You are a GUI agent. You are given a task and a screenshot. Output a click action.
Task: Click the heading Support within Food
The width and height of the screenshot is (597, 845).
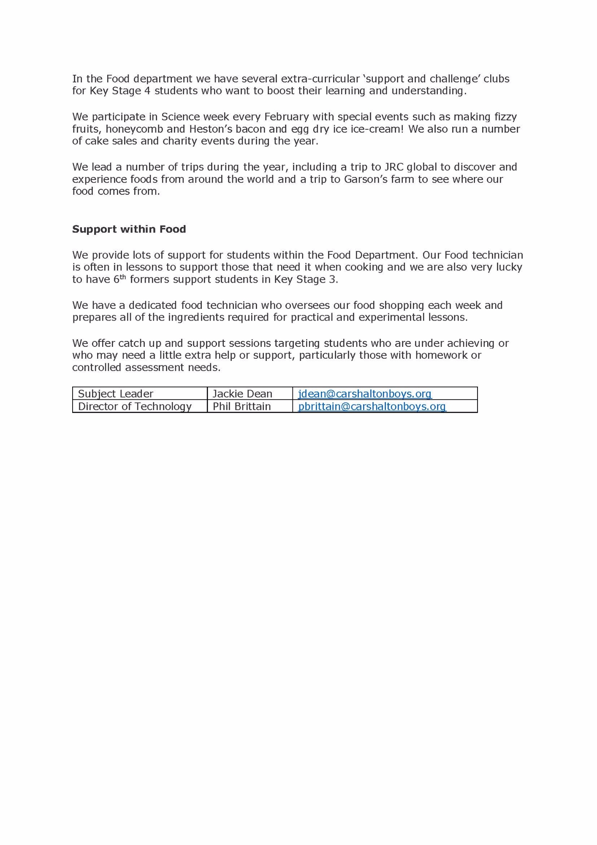[x=129, y=229]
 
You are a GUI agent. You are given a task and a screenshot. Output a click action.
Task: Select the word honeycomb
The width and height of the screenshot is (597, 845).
[x=134, y=129]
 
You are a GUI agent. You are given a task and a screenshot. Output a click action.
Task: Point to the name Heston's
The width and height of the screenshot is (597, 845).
[x=211, y=129]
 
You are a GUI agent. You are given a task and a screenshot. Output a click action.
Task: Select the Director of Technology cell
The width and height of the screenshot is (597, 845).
[x=135, y=406]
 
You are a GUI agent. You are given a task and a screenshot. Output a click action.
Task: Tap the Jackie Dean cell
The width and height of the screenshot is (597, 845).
[x=242, y=394]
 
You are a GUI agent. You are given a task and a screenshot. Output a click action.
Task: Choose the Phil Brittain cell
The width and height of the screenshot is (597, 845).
[x=242, y=406]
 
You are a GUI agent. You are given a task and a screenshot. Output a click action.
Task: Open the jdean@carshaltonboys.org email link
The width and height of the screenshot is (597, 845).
[x=364, y=394]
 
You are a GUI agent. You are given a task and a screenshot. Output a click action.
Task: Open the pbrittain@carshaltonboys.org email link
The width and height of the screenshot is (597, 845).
[x=372, y=406]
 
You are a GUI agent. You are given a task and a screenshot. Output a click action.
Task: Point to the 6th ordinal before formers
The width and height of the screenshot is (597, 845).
[x=119, y=279]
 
